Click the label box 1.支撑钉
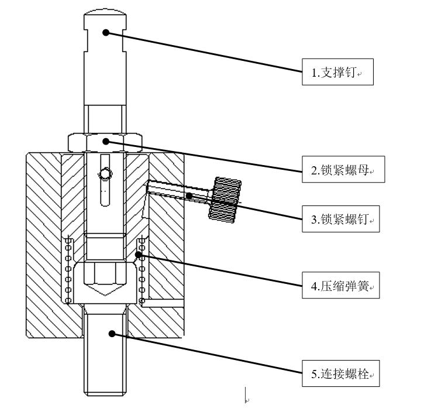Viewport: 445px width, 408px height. [337, 72]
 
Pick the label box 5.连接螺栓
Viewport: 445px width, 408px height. [341, 373]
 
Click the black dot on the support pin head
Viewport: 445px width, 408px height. [105, 32]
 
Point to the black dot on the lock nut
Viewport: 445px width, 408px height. [105, 140]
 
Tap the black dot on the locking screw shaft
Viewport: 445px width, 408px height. [189, 195]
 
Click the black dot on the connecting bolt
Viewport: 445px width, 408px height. [112, 333]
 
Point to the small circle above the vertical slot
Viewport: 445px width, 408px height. [105, 174]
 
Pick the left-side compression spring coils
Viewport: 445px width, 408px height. [68, 270]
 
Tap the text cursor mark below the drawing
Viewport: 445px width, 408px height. [246, 395]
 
